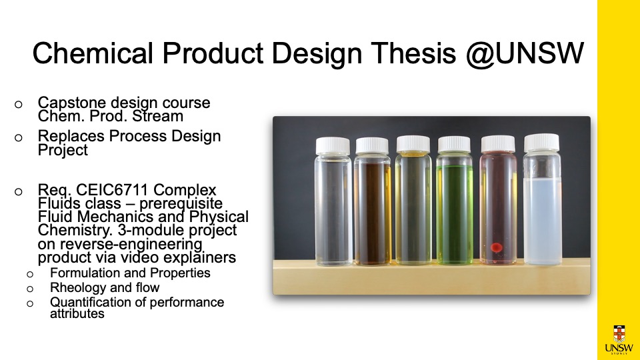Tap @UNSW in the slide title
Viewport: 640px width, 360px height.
(x=525, y=53)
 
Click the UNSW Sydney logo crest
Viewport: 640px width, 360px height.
(x=619, y=334)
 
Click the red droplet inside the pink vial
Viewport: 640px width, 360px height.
(x=496, y=247)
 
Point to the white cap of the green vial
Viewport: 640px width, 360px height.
(x=454, y=145)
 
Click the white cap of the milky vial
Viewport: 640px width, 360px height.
(x=541, y=143)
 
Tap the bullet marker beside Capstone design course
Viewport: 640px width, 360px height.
(x=19, y=105)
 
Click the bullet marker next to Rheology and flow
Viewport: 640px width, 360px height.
(x=30, y=289)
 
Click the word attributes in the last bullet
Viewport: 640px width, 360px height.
(x=77, y=313)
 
